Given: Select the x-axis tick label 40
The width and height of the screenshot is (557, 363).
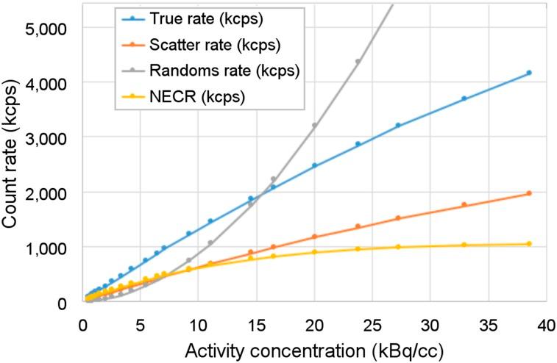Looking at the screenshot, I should [545, 323].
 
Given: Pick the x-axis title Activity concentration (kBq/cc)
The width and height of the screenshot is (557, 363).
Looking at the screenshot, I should [314, 349].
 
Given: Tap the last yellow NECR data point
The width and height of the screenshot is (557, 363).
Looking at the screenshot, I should [529, 244].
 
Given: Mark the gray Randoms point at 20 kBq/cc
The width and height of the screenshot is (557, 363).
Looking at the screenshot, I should [315, 126].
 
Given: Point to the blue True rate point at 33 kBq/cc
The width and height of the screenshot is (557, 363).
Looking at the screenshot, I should [464, 98].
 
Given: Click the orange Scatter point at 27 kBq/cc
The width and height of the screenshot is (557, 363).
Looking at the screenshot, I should [398, 218].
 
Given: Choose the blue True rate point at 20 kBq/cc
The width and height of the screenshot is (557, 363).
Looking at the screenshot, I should [315, 165].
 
